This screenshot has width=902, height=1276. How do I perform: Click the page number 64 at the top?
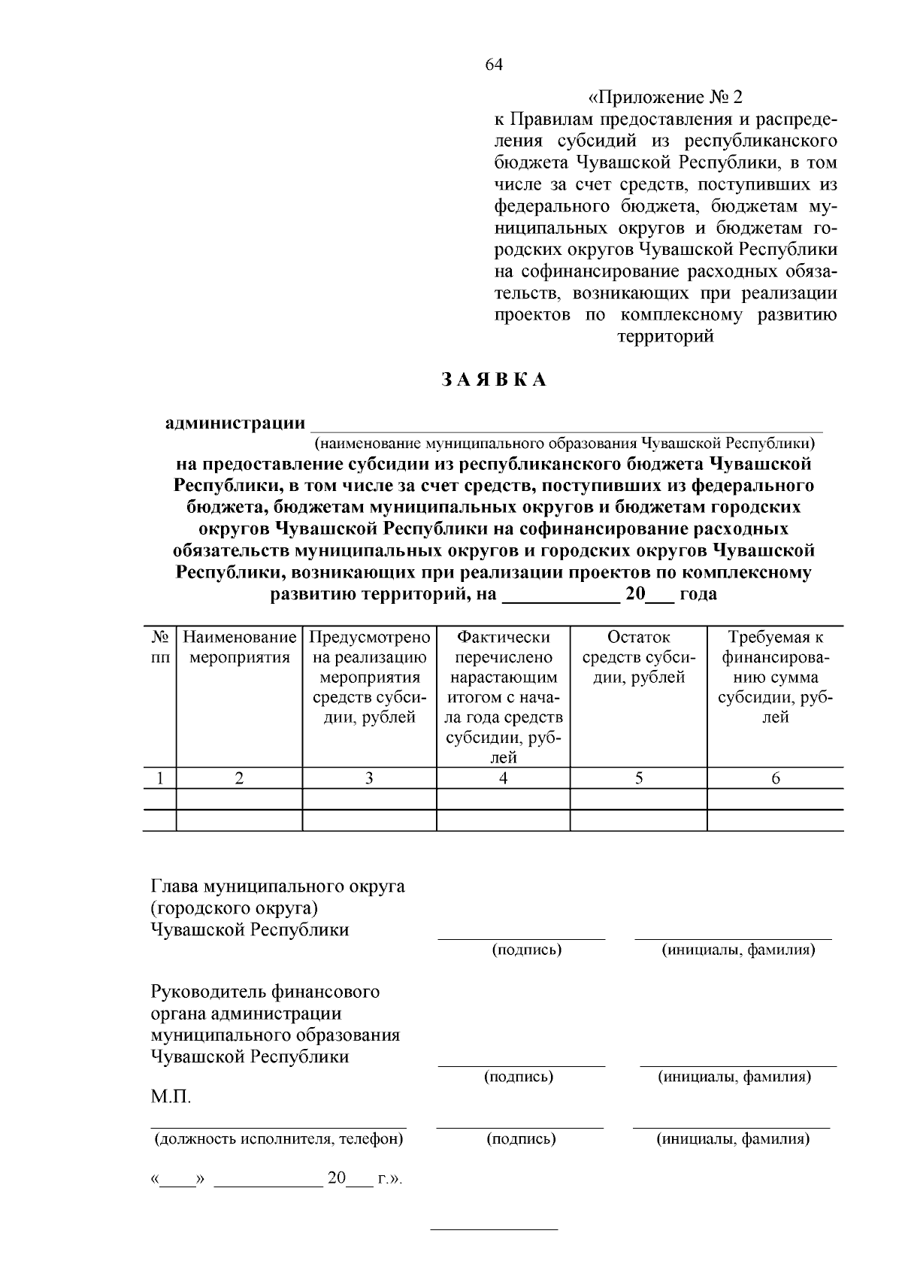493,65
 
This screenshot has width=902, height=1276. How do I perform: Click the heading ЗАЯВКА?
493,380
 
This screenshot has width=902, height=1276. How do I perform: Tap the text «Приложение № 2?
664,98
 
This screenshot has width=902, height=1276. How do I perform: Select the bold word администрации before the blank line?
235,423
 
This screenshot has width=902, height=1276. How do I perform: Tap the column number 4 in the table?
503,779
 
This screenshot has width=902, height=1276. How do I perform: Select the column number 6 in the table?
775,779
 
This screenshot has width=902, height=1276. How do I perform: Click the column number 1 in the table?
159,779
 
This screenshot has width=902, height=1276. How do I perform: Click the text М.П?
171,1097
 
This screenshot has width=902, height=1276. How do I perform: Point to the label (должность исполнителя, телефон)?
279,1139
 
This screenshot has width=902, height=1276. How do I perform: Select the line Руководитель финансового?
265,992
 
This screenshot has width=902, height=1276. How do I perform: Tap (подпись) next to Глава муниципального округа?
527,950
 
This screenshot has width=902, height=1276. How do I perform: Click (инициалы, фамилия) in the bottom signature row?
734,1139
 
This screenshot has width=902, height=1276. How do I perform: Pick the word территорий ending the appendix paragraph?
665,337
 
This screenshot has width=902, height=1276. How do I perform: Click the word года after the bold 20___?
698,595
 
